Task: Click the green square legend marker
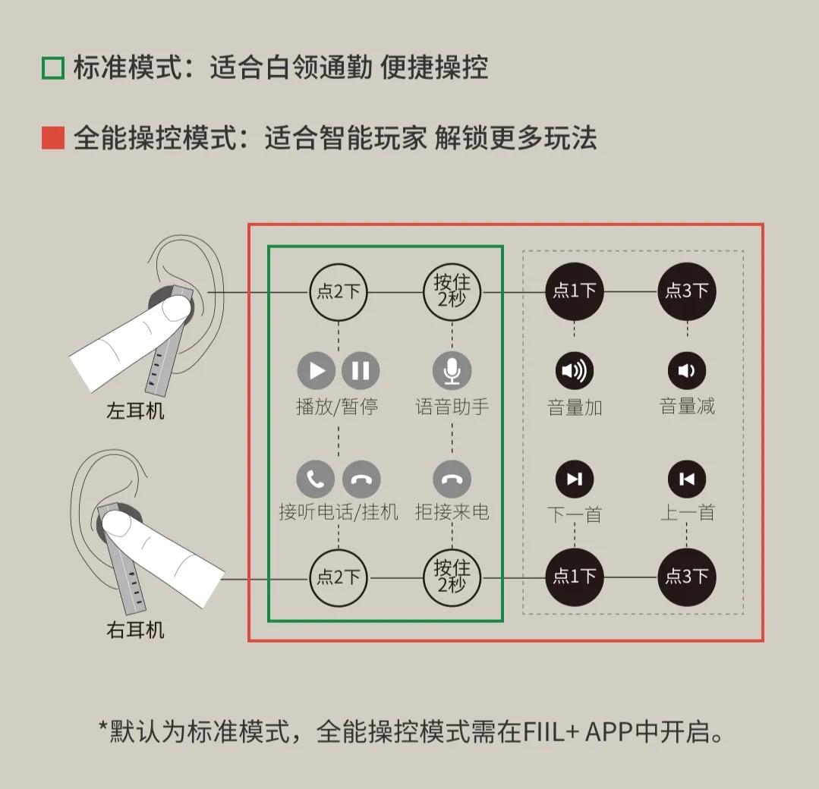pos(53,68)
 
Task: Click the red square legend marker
pos(53,138)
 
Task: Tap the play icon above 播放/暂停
pos(317,370)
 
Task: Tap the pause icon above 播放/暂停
pos(361,370)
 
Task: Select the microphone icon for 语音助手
pos(452,370)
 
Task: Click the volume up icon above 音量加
pos(575,370)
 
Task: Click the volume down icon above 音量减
pos(687,370)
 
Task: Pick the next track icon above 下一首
pos(575,479)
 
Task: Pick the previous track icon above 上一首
pos(687,479)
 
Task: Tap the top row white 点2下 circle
pos(339,291)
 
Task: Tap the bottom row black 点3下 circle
pos(687,577)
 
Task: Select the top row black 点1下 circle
pos(575,291)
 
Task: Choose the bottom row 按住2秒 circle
pos(452,577)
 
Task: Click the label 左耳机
pos(135,412)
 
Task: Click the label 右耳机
pos(135,630)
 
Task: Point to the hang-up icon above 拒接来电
pos(452,479)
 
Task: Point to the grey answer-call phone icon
pos(316,479)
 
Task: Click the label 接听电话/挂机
pos(339,512)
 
